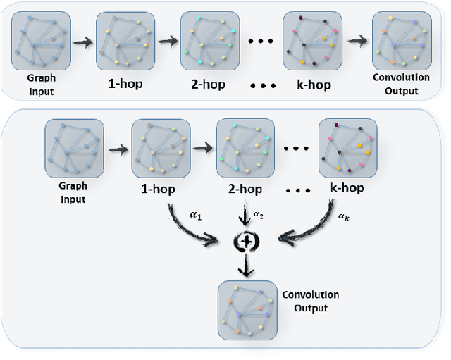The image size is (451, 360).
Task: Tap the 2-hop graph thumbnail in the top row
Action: point(206,39)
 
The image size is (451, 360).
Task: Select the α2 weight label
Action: point(259,213)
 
